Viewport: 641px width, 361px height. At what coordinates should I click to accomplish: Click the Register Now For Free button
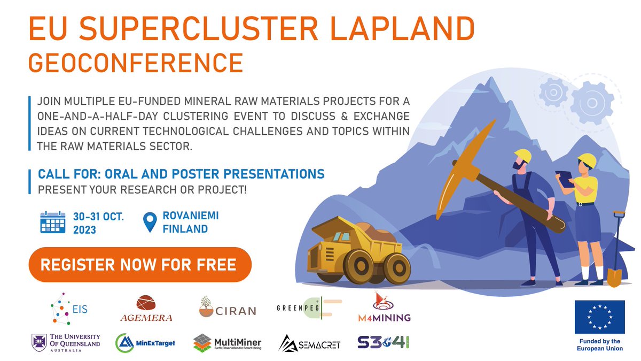pyautogui.click(x=139, y=265)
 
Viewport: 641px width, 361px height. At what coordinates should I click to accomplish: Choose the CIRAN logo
pyautogui.click(x=227, y=308)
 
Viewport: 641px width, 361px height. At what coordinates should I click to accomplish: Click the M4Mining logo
pyautogui.click(x=384, y=308)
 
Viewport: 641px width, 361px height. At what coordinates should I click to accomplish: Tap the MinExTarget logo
pyautogui.click(x=145, y=342)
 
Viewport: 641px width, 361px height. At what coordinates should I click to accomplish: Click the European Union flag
pyautogui.click(x=599, y=318)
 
